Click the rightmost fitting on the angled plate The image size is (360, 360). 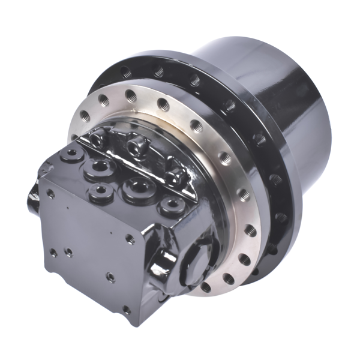[176, 176]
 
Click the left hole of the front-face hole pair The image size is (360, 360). [53, 251]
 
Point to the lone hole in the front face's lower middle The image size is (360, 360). [110, 278]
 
